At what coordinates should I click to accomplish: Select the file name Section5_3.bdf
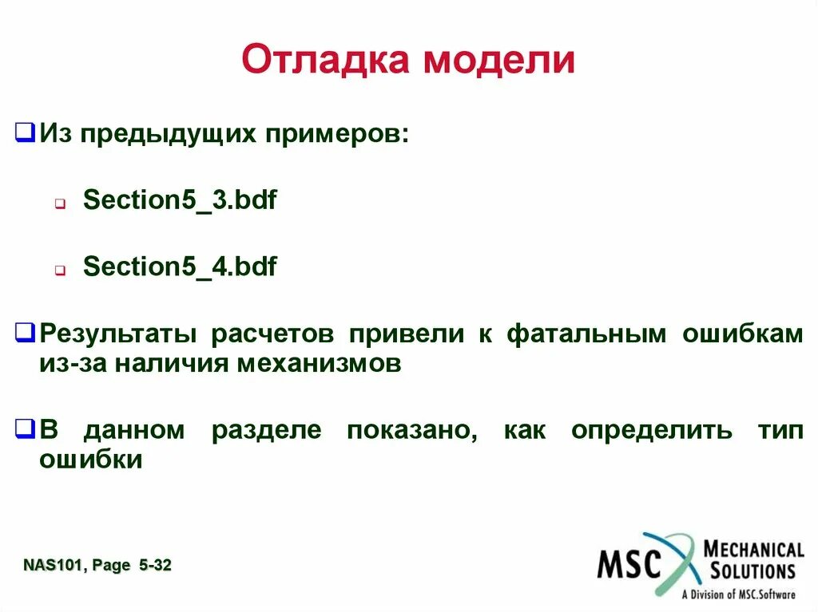click(180, 199)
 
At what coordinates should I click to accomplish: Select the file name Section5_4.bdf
click(180, 267)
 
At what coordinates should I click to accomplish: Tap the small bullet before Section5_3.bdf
click(60, 203)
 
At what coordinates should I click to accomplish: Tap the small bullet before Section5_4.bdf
click(60, 270)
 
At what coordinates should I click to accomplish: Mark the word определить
click(651, 431)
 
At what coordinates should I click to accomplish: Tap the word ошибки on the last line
click(90, 460)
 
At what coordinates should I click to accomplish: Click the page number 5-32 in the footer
click(154, 566)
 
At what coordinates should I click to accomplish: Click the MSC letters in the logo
click(630, 564)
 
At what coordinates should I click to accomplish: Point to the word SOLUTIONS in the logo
click(749, 571)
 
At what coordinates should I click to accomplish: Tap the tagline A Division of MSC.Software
click(738, 594)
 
